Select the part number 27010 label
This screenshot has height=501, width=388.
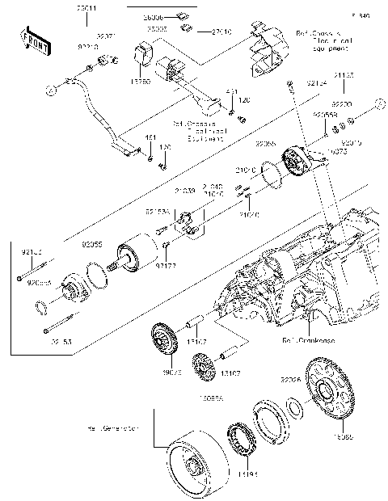(x=200, y=32)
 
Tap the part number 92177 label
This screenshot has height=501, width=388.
(x=166, y=264)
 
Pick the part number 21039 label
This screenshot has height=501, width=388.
(x=185, y=191)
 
